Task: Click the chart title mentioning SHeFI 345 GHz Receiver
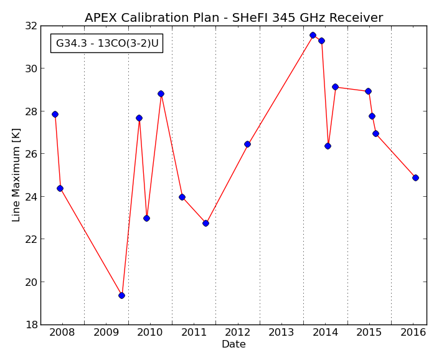[234, 17]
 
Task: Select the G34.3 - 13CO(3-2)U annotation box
[106, 43]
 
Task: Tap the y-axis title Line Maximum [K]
[16, 175]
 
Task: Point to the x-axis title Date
[234, 344]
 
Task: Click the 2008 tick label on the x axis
[62, 333]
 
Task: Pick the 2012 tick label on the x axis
[238, 333]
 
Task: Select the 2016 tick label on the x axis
[413, 333]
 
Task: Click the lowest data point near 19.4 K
[121, 296]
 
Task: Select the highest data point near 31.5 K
[313, 35]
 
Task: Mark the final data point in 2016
[415, 178]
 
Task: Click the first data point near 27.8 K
[55, 114]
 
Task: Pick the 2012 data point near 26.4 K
[247, 144]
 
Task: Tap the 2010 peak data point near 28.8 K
[161, 94]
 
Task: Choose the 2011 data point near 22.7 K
[205, 224]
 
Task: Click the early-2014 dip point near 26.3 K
[328, 146]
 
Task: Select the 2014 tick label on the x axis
[325, 333]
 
